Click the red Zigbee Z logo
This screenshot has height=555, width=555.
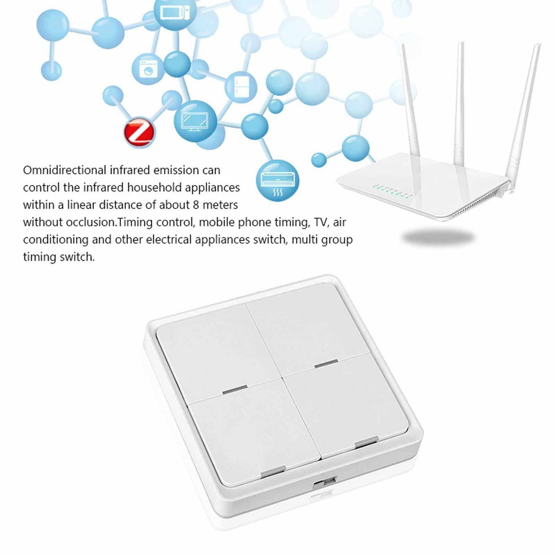click(x=139, y=132)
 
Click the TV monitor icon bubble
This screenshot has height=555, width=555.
click(x=195, y=121)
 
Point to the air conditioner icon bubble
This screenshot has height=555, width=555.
click(x=277, y=180)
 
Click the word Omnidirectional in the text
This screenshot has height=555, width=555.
click(x=65, y=170)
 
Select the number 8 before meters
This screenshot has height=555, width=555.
click(x=196, y=205)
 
